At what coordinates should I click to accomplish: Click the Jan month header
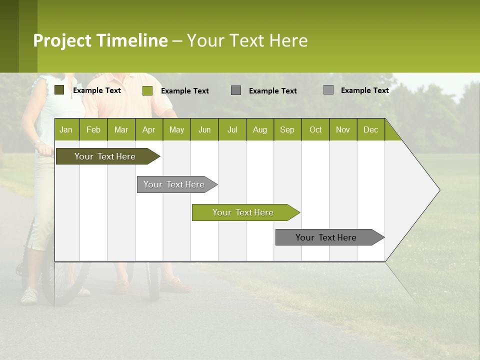[x=66, y=129]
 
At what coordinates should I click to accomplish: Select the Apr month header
[x=149, y=129]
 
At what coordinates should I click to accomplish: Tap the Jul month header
[x=232, y=129]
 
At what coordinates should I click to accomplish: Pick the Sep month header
[x=287, y=129]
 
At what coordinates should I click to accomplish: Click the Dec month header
[x=371, y=129]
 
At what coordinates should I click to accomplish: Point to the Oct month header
[x=315, y=129]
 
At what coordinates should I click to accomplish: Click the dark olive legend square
[x=59, y=90]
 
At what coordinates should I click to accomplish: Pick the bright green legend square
[x=147, y=90]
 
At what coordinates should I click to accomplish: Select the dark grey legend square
[x=236, y=90]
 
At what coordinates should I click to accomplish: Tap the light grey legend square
[x=328, y=90]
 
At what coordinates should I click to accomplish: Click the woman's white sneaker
[x=29, y=295]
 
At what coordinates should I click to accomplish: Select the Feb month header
[x=93, y=129]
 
